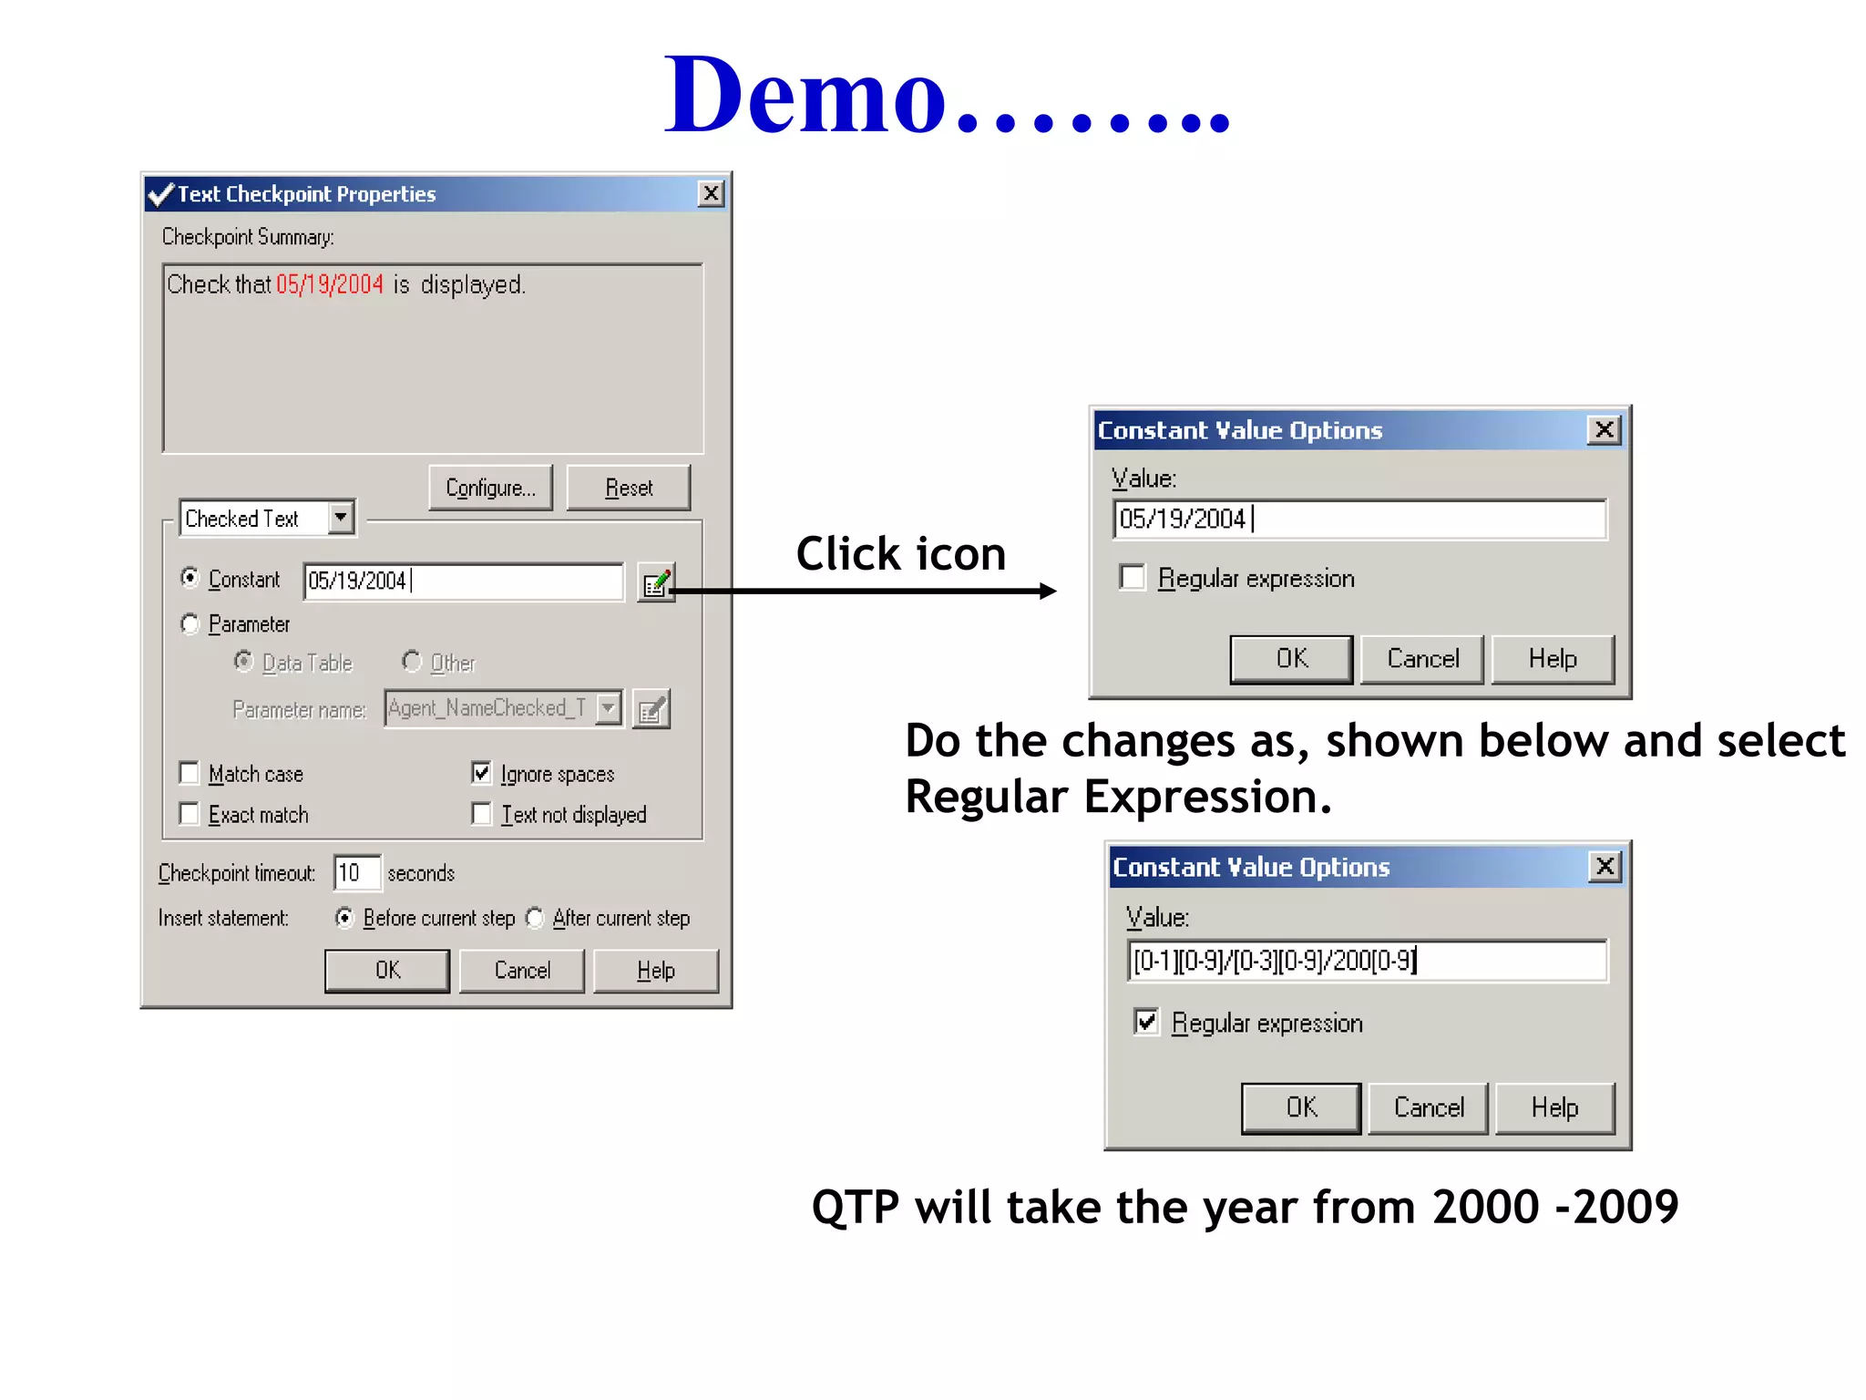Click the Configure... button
click(x=490, y=488)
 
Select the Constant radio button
click(x=190, y=578)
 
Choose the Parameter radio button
click(x=190, y=623)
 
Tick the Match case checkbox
click(x=190, y=773)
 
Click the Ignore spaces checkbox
click(x=481, y=773)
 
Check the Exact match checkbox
click(x=190, y=813)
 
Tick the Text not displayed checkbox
click(x=481, y=813)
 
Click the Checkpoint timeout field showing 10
click(x=356, y=873)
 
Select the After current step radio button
click(x=536, y=918)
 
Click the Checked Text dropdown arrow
click(x=341, y=518)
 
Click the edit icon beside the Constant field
click(x=656, y=582)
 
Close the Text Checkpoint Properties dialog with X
click(x=711, y=193)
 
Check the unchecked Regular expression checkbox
click(x=1133, y=577)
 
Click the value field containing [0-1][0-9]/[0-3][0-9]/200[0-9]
click(x=1367, y=961)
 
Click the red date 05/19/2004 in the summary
click(x=330, y=284)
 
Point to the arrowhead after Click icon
click(x=1048, y=591)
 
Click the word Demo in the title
click(x=806, y=96)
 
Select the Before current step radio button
click(x=344, y=918)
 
